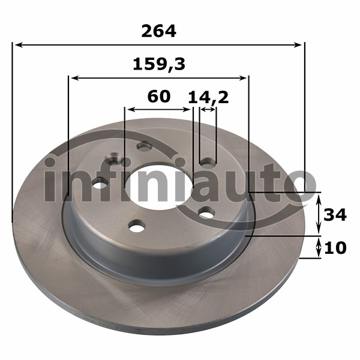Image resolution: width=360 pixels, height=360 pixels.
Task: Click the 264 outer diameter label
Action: pyautogui.click(x=158, y=31)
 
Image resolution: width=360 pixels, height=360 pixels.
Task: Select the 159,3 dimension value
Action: pyautogui.click(x=159, y=65)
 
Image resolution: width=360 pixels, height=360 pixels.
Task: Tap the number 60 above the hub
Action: pyautogui.click(x=159, y=97)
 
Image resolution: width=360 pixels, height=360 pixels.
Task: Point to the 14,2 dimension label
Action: pyautogui.click(x=208, y=97)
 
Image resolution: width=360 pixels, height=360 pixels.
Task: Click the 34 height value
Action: pyautogui.click(x=335, y=215)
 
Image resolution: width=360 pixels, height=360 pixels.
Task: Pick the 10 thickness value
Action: pyautogui.click(x=335, y=248)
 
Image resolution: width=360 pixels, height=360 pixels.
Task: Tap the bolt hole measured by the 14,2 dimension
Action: pyautogui.click(x=208, y=162)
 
